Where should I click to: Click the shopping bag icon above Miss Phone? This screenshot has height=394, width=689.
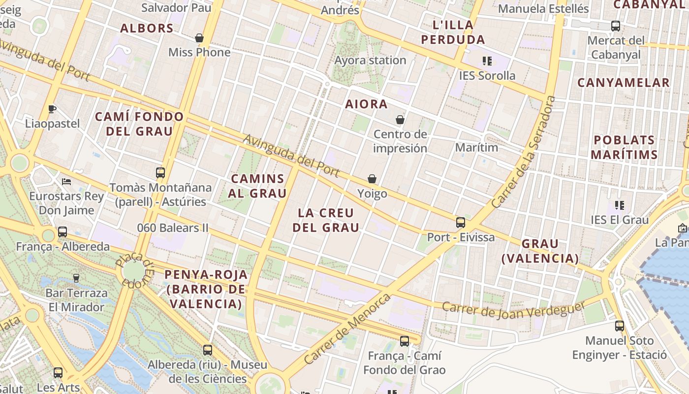pyautogui.click(x=199, y=38)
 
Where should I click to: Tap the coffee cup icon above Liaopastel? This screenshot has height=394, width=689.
pyautogui.click(x=52, y=109)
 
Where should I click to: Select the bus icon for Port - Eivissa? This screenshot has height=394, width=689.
pyautogui.click(x=461, y=223)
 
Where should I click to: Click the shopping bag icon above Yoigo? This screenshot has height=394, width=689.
pyautogui.click(x=372, y=179)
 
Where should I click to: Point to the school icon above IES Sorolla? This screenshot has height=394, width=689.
pyautogui.click(x=487, y=61)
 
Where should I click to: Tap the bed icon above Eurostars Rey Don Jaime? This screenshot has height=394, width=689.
pyautogui.click(x=66, y=182)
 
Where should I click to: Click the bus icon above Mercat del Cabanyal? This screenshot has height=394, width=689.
pyautogui.click(x=616, y=26)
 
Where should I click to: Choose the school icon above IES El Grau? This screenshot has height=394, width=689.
pyautogui.click(x=620, y=205)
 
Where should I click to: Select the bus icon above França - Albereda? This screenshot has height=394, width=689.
pyautogui.click(x=63, y=232)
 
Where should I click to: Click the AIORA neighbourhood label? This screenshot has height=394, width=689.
pyautogui.click(x=366, y=104)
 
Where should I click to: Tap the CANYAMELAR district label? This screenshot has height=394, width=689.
pyautogui.click(x=624, y=83)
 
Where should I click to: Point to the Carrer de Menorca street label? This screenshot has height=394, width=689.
pyautogui.click(x=347, y=328)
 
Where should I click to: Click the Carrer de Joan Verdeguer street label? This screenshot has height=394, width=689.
pyautogui.click(x=514, y=310)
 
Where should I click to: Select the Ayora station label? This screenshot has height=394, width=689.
pyautogui.click(x=370, y=61)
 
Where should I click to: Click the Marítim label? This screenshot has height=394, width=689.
pyautogui.click(x=476, y=147)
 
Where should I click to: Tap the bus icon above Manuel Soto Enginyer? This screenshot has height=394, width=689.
pyautogui.click(x=620, y=326)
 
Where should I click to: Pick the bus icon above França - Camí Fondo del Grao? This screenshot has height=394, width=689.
pyautogui.click(x=405, y=341)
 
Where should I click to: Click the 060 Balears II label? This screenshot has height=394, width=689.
pyautogui.click(x=173, y=228)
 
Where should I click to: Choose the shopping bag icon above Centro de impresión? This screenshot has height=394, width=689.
pyautogui.click(x=400, y=120)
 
